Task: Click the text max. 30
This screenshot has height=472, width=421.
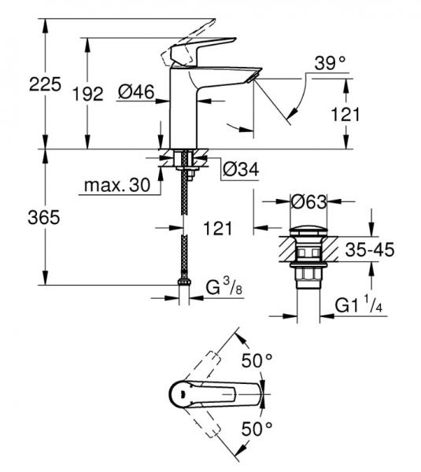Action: click(x=115, y=187)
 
